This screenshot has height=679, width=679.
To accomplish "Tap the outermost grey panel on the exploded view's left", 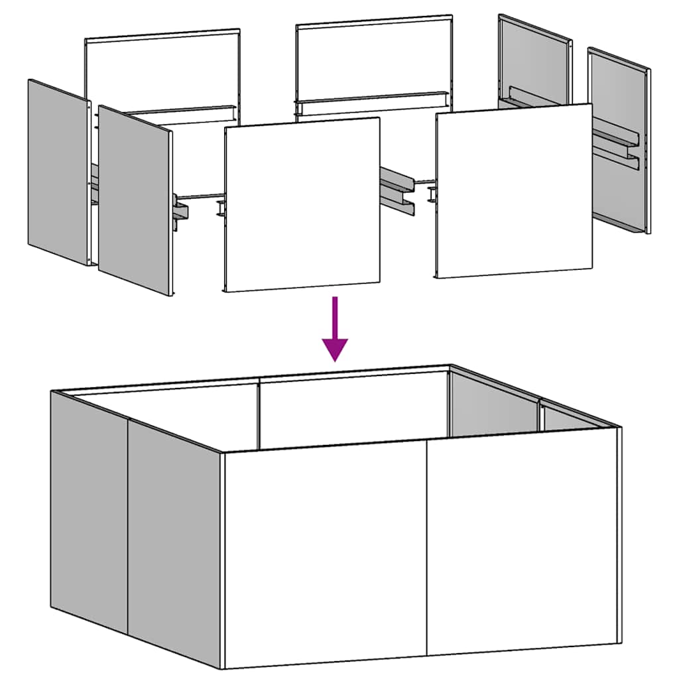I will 58,172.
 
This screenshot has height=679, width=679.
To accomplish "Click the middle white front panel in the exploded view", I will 302,204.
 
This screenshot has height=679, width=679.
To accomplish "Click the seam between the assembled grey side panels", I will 128,524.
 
